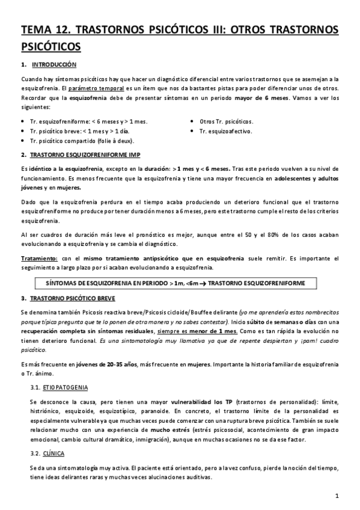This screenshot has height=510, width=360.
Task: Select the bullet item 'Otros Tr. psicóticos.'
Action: (x=226, y=121)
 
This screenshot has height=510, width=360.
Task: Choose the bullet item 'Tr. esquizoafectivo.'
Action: (x=225, y=131)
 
